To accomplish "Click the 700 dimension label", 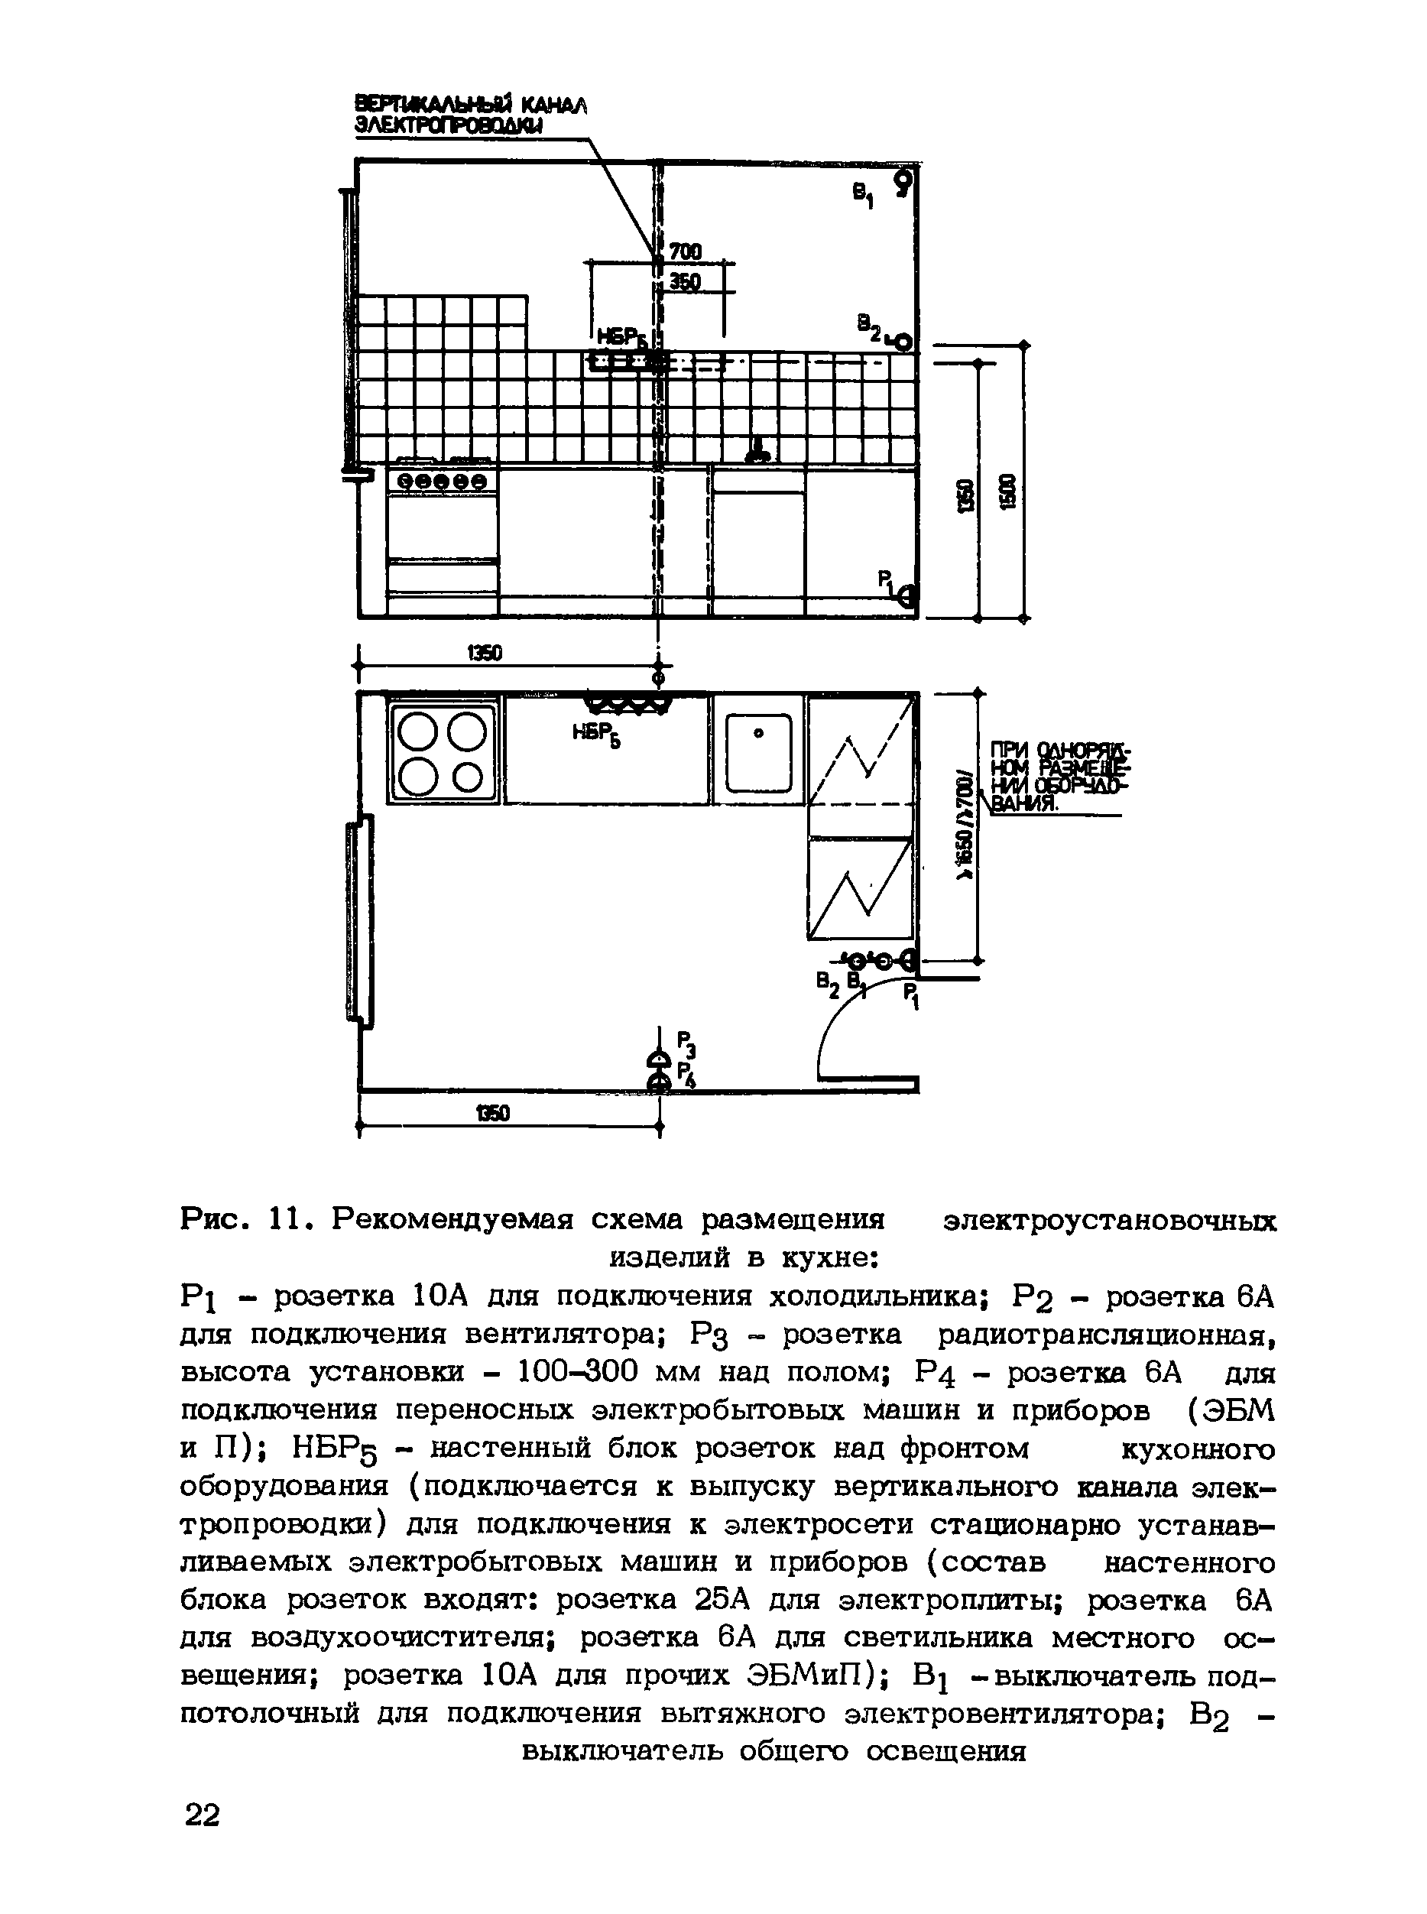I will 685,251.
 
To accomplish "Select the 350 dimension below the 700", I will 685,282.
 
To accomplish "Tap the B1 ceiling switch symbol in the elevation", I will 903,184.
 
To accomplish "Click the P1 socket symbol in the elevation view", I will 906,596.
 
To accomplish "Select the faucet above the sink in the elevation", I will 759,449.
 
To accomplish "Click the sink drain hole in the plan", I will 758,733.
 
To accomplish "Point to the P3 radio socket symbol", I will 659,1059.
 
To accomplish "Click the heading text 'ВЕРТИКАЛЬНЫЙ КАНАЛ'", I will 471,105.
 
